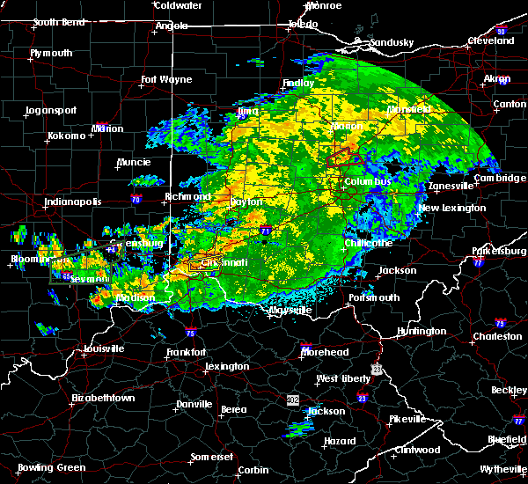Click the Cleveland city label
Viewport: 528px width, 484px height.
[490, 40]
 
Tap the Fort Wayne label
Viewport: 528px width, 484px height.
[166, 80]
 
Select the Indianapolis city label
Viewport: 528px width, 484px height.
[74, 202]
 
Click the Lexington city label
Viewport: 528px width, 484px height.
[227, 366]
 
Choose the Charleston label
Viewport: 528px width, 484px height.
[495, 335]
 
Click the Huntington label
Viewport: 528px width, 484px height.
[422, 331]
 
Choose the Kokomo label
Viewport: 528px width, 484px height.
[67, 136]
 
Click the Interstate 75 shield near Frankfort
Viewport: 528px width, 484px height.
[191, 333]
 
